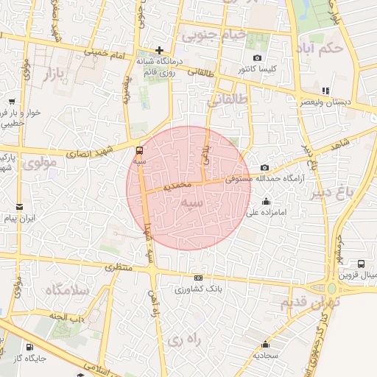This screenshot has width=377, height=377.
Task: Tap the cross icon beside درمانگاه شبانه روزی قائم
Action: tap(158, 50)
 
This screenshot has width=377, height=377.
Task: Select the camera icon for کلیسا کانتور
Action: tap(257, 57)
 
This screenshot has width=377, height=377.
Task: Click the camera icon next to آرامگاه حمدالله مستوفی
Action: tap(265, 167)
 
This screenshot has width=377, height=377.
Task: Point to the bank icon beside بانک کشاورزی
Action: tap(197, 278)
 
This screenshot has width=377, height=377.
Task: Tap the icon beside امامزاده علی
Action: tap(266, 201)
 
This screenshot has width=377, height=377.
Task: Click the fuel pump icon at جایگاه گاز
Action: tap(29, 347)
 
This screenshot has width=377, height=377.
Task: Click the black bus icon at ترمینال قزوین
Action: tap(361, 264)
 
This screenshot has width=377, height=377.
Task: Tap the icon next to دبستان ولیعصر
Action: tap(325, 91)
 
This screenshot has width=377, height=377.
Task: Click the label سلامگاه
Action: tap(66, 289)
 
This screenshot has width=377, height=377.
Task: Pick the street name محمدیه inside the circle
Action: tap(177, 185)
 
